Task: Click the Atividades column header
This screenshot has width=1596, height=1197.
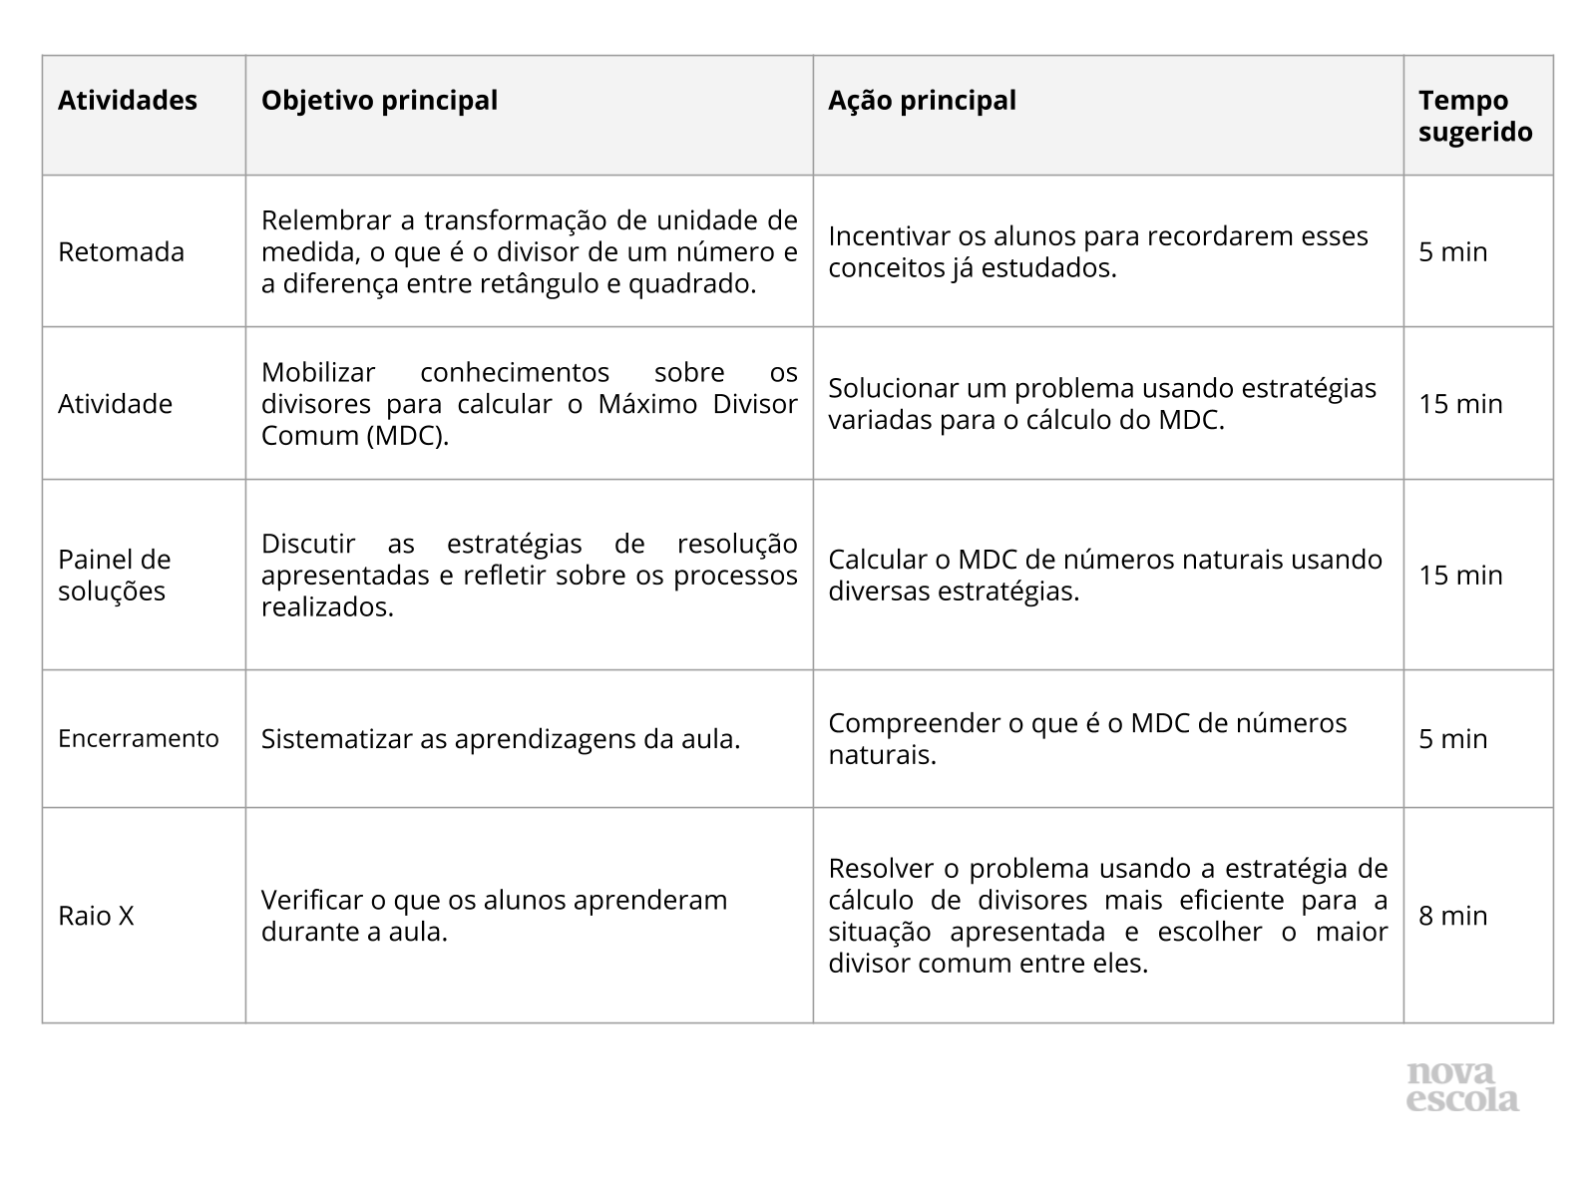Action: (128, 101)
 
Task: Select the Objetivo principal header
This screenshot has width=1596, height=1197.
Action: (379, 101)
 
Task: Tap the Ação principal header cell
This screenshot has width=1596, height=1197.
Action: (922, 101)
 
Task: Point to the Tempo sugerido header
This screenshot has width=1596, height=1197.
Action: (1475, 116)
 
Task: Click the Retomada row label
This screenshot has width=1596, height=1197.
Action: (121, 251)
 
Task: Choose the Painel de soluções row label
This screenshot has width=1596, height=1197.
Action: (114, 575)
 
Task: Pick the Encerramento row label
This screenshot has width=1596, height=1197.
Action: (139, 738)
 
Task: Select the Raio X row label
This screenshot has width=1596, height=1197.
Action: (96, 916)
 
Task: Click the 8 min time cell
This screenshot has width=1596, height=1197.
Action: (1452, 916)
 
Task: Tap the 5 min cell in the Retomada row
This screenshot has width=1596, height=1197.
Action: (1452, 251)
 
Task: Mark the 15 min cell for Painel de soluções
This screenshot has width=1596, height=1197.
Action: (1460, 575)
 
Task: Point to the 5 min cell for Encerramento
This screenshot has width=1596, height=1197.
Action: (1452, 738)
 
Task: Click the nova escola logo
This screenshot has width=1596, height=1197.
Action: (1462, 1087)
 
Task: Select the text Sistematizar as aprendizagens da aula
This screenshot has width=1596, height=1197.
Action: (501, 739)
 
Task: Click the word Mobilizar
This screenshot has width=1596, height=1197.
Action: (318, 372)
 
